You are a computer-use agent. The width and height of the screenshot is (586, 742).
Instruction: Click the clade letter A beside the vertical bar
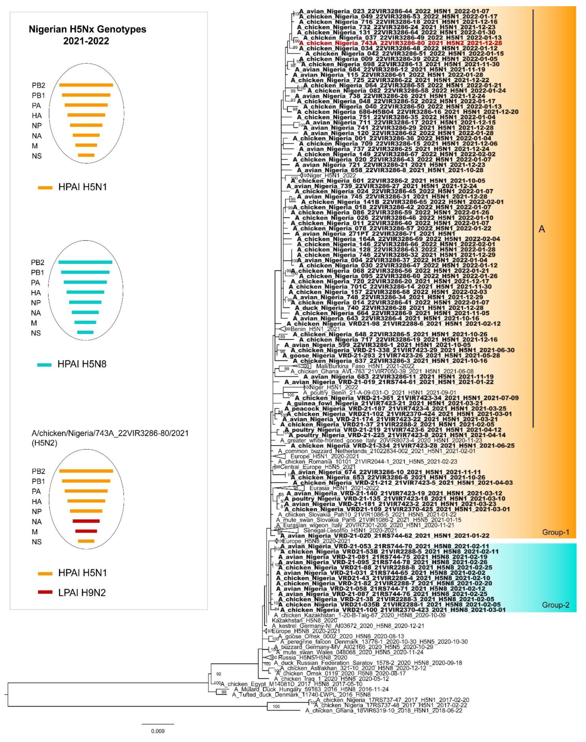[541, 229]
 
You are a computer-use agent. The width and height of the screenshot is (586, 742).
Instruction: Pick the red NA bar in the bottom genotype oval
[86, 521]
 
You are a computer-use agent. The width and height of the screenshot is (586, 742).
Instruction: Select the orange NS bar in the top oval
[86, 155]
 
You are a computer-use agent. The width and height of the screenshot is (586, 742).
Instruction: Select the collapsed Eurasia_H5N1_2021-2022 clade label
[344, 488]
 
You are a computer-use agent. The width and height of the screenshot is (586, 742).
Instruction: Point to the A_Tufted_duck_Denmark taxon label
[301, 695]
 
